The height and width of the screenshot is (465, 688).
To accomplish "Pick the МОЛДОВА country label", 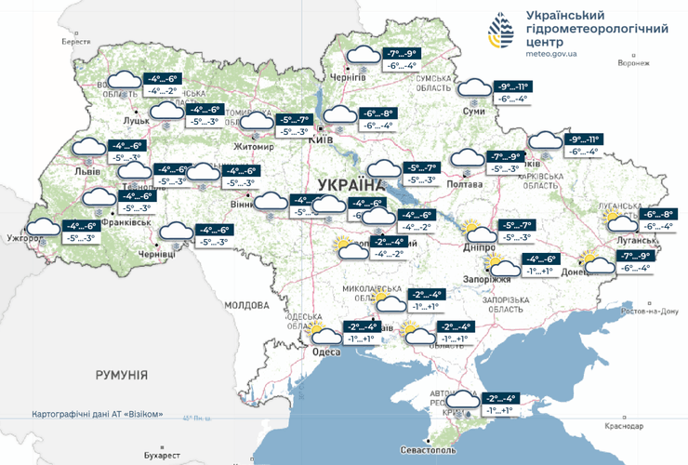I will [245, 304].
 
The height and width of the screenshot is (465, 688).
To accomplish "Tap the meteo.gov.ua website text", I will [551, 54].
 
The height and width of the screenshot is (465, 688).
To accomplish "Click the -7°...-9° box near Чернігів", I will [404, 54].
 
